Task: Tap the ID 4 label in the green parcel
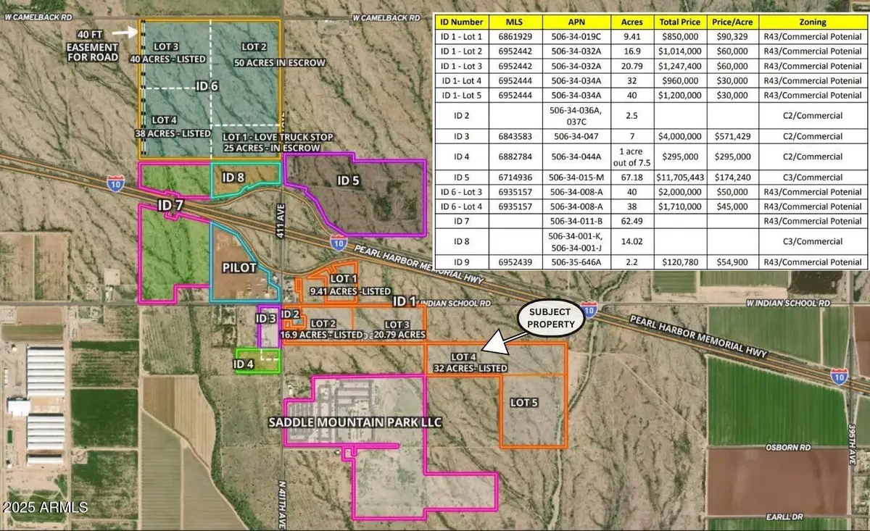click(246, 364)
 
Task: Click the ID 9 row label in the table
click(460, 261)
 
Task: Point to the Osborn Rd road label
click(782, 448)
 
